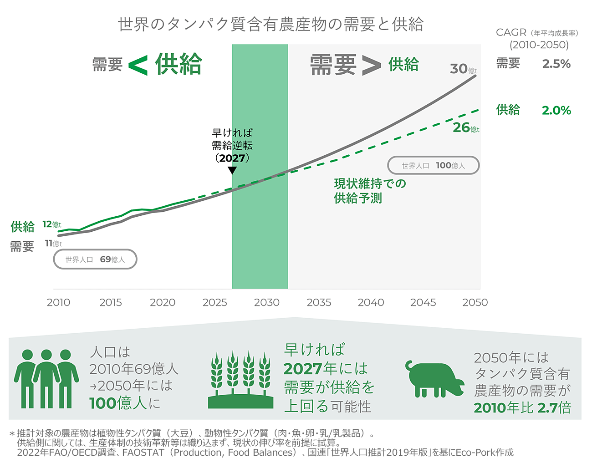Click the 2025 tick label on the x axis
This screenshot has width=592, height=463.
click(214, 302)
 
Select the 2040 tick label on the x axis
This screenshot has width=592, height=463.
click(371, 302)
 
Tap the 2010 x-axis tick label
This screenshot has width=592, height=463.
click(58, 302)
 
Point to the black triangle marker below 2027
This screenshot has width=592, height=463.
click(232, 170)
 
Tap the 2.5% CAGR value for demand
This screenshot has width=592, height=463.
click(556, 64)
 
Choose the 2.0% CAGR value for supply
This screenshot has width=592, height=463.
click(556, 110)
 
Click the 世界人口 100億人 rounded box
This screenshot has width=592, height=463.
click(433, 166)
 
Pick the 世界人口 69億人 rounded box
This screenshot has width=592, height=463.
click(95, 259)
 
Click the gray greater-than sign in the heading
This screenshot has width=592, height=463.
click(371, 65)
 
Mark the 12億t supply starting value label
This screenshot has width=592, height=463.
click(51, 224)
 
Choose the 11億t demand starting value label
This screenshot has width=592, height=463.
click(53, 244)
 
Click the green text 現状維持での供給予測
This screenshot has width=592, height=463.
click(369, 191)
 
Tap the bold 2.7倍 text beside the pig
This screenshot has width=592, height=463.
click(554, 407)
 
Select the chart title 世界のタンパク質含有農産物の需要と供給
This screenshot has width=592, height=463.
click(270, 24)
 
